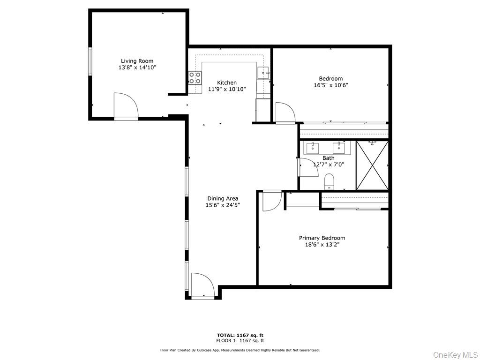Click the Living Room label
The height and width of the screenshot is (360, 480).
(x=137, y=61)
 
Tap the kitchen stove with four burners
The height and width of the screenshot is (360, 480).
(x=195, y=78)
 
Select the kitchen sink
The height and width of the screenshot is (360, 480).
(x=263, y=73)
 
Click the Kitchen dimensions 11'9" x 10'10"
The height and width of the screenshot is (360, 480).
(x=227, y=89)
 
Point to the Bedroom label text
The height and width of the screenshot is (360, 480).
(x=331, y=79)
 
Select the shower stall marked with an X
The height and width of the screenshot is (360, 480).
(x=372, y=165)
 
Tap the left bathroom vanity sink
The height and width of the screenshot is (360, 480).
(x=313, y=149)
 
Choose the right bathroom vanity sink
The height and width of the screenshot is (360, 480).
(x=339, y=149)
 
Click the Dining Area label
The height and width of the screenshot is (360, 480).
(x=223, y=198)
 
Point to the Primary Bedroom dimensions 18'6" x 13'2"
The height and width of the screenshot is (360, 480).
(x=322, y=244)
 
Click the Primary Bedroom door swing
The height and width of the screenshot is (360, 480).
(x=271, y=201)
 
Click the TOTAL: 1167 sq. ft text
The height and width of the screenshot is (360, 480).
(x=240, y=335)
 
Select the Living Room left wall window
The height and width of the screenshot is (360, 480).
(x=90, y=61)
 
